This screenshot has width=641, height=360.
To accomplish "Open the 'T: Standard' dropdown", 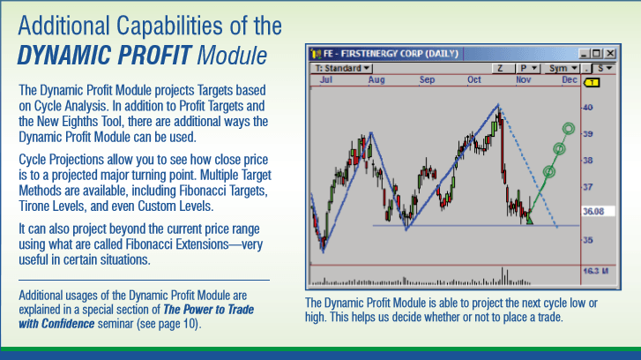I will (x=344, y=68).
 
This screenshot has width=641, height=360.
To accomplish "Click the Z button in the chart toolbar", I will (x=499, y=68).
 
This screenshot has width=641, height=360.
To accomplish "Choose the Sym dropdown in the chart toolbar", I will (x=558, y=68).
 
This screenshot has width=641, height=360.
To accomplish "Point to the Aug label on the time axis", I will (x=377, y=79).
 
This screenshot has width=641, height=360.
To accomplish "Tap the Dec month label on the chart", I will (x=567, y=79).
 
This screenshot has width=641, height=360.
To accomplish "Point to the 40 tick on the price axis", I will (x=587, y=108).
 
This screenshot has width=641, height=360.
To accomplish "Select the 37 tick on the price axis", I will (x=587, y=187).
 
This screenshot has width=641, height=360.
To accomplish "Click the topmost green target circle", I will (x=569, y=129).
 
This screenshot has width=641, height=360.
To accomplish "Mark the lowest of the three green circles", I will (x=549, y=171).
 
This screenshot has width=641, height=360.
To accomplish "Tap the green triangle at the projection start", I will (x=529, y=220).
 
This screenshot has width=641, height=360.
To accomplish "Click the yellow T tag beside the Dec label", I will (x=593, y=81).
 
